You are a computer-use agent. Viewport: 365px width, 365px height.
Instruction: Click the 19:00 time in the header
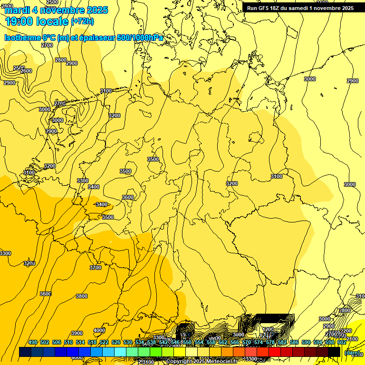tap(21, 21)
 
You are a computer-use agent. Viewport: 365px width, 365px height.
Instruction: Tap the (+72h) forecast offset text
tap(82, 21)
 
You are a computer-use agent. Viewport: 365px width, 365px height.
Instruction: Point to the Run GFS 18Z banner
tap(300, 8)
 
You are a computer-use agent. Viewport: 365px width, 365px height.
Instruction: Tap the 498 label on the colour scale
tap(33, 342)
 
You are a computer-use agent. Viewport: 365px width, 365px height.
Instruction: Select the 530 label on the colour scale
tap(128, 342)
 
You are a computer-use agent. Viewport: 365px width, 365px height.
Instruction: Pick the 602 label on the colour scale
tap(342, 342)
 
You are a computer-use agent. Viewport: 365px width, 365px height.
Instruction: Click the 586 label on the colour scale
tap(294, 342)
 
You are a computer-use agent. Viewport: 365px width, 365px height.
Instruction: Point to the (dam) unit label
tap(352, 353)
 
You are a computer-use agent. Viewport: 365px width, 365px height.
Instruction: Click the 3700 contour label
tap(96, 268)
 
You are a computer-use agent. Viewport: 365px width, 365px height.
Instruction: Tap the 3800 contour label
tap(82, 296)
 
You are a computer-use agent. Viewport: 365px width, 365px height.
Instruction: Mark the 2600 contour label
tap(26, 71)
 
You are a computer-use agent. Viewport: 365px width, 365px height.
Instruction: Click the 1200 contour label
tap(268, 329)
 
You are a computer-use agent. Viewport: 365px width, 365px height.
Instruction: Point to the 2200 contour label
tap(346, 331)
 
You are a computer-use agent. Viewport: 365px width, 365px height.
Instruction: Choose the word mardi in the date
tap(17, 10)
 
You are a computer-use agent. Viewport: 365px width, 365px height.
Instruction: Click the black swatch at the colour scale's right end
tap(335, 352)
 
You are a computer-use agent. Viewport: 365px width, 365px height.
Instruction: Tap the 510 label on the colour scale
tap(68, 342)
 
